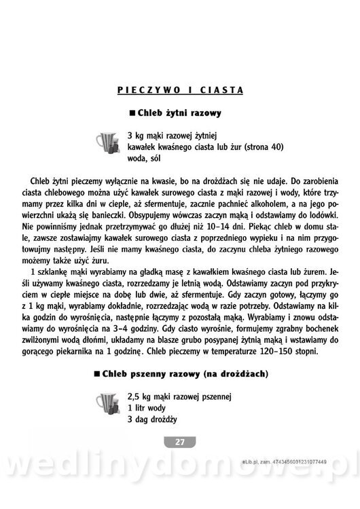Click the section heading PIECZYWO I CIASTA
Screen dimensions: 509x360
click(x=180, y=89)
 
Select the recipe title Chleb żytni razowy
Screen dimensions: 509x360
click(x=180, y=112)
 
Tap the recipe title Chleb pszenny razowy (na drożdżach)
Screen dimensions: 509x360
click(x=185, y=373)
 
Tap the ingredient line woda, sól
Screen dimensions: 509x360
click(x=145, y=159)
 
